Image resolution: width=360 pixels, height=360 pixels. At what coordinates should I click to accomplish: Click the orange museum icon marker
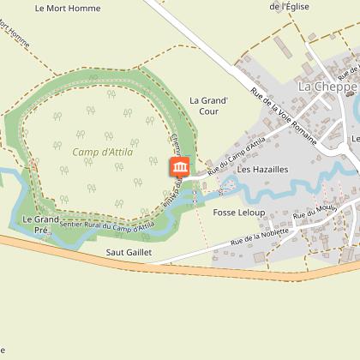pyautogui.click(x=181, y=166)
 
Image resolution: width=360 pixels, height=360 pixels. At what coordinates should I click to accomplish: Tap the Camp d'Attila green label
pyautogui.click(x=97, y=152)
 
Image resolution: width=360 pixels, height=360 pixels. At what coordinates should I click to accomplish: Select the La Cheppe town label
pyautogui.click(x=326, y=87)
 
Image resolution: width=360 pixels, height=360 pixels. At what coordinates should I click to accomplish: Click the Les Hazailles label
pyautogui.click(x=262, y=170)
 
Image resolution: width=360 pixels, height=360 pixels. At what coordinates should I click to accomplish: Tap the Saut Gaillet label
pyautogui.click(x=127, y=253)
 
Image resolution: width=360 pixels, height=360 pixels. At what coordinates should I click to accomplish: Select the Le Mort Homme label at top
pyautogui.click(x=68, y=9)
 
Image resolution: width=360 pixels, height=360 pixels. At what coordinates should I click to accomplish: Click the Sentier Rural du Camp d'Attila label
pyautogui.click(x=106, y=224)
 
